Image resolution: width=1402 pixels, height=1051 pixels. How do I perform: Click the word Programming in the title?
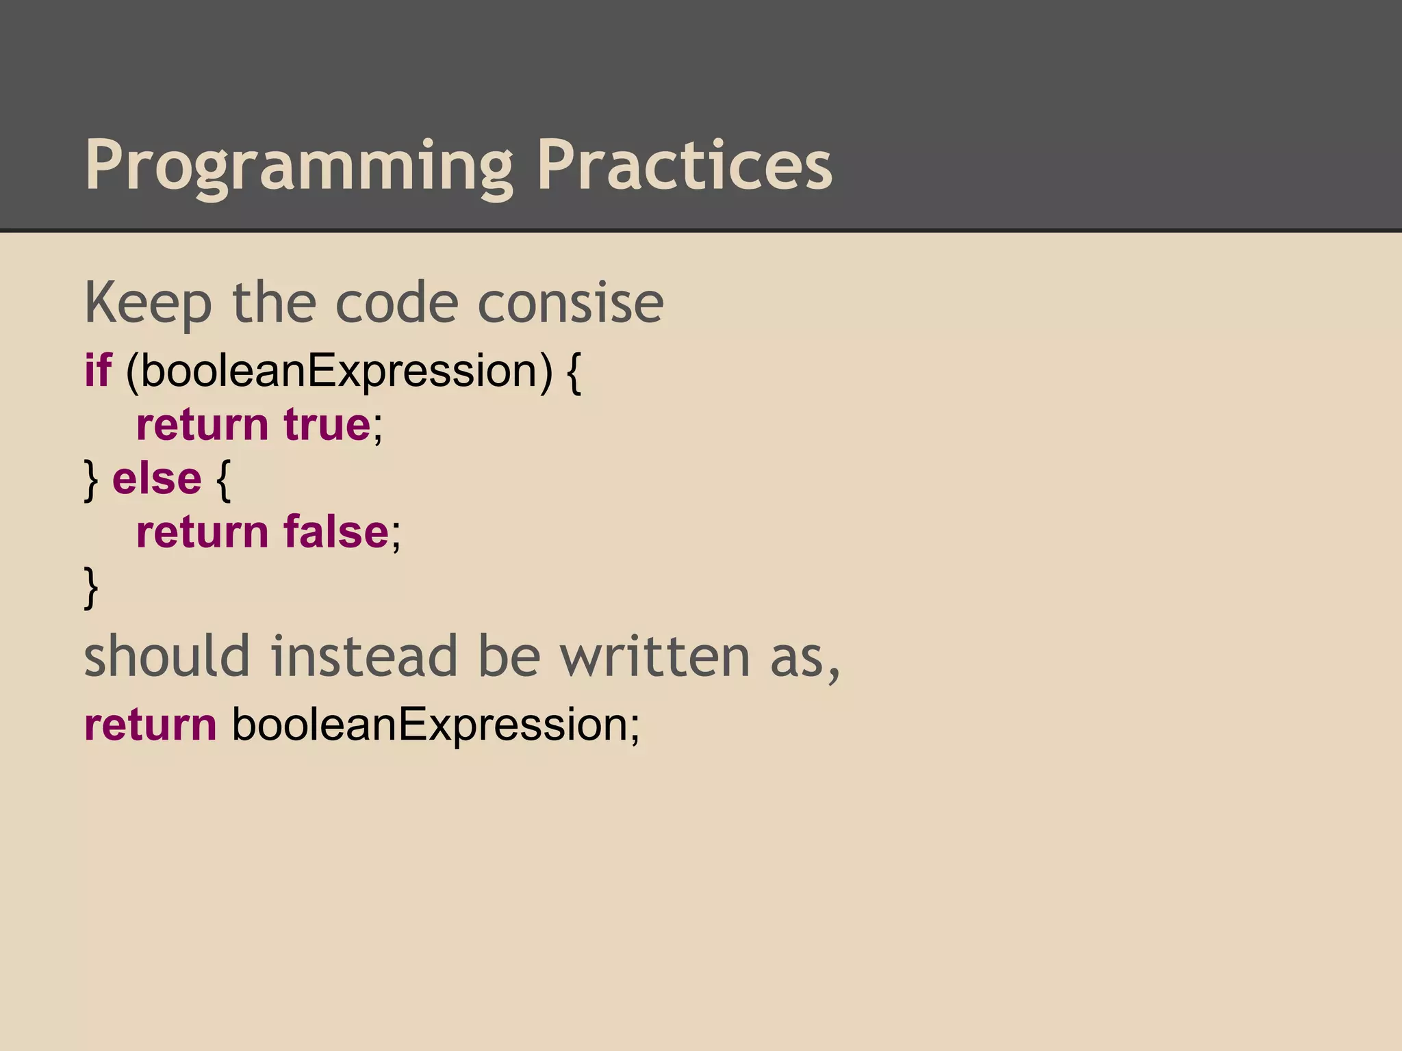tap(298, 166)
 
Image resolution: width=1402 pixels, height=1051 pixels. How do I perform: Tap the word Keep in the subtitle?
tap(148, 304)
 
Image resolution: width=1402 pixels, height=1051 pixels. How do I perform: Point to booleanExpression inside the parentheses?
tap(338, 372)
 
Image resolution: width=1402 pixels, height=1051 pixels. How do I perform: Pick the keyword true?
tap(327, 425)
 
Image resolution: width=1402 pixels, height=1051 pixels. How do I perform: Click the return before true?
tap(202, 425)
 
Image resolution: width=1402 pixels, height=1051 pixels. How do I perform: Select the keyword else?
tap(157, 478)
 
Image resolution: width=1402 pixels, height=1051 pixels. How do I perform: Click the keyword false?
tap(335, 532)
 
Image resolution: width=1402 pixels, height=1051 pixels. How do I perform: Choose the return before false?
tap(202, 532)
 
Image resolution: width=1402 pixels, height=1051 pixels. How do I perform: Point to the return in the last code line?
tap(150, 725)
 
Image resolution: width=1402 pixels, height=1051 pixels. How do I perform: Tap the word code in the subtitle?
tap(396, 302)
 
